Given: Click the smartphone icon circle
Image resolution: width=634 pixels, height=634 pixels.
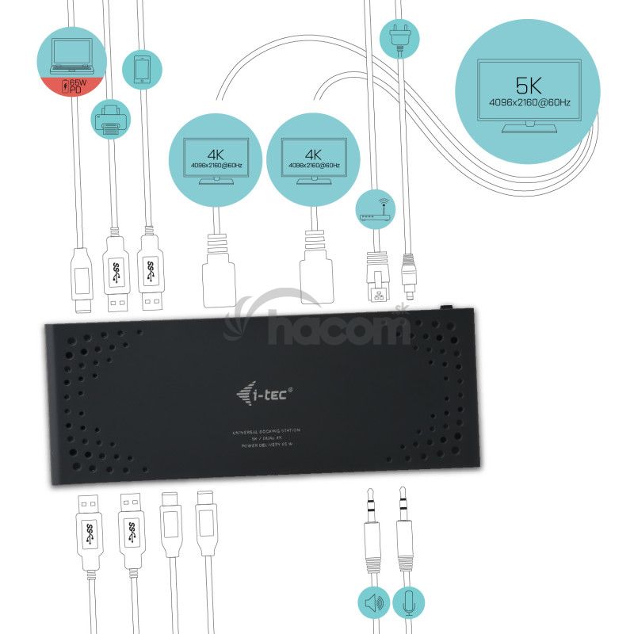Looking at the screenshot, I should [x=143, y=71].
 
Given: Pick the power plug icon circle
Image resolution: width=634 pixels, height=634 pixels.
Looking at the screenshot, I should [x=399, y=36].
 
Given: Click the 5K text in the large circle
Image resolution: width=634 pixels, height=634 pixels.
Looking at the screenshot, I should [x=529, y=85].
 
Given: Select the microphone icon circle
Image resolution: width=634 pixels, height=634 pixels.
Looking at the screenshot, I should [x=407, y=602].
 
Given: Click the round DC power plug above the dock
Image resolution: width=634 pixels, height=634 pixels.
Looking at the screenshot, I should [x=408, y=269].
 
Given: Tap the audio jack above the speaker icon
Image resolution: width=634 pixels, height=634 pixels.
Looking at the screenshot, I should [x=372, y=531].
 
